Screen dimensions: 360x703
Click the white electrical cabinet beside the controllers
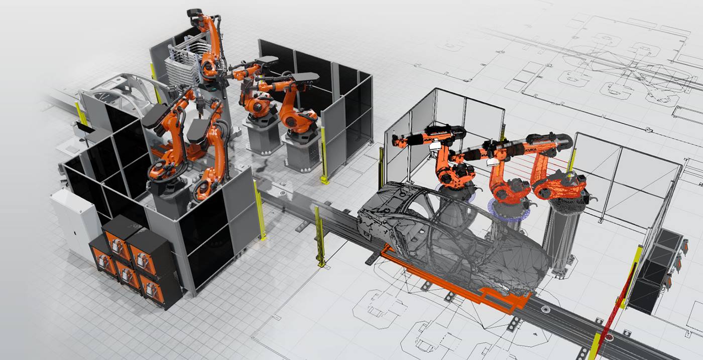[x=74, y=221]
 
